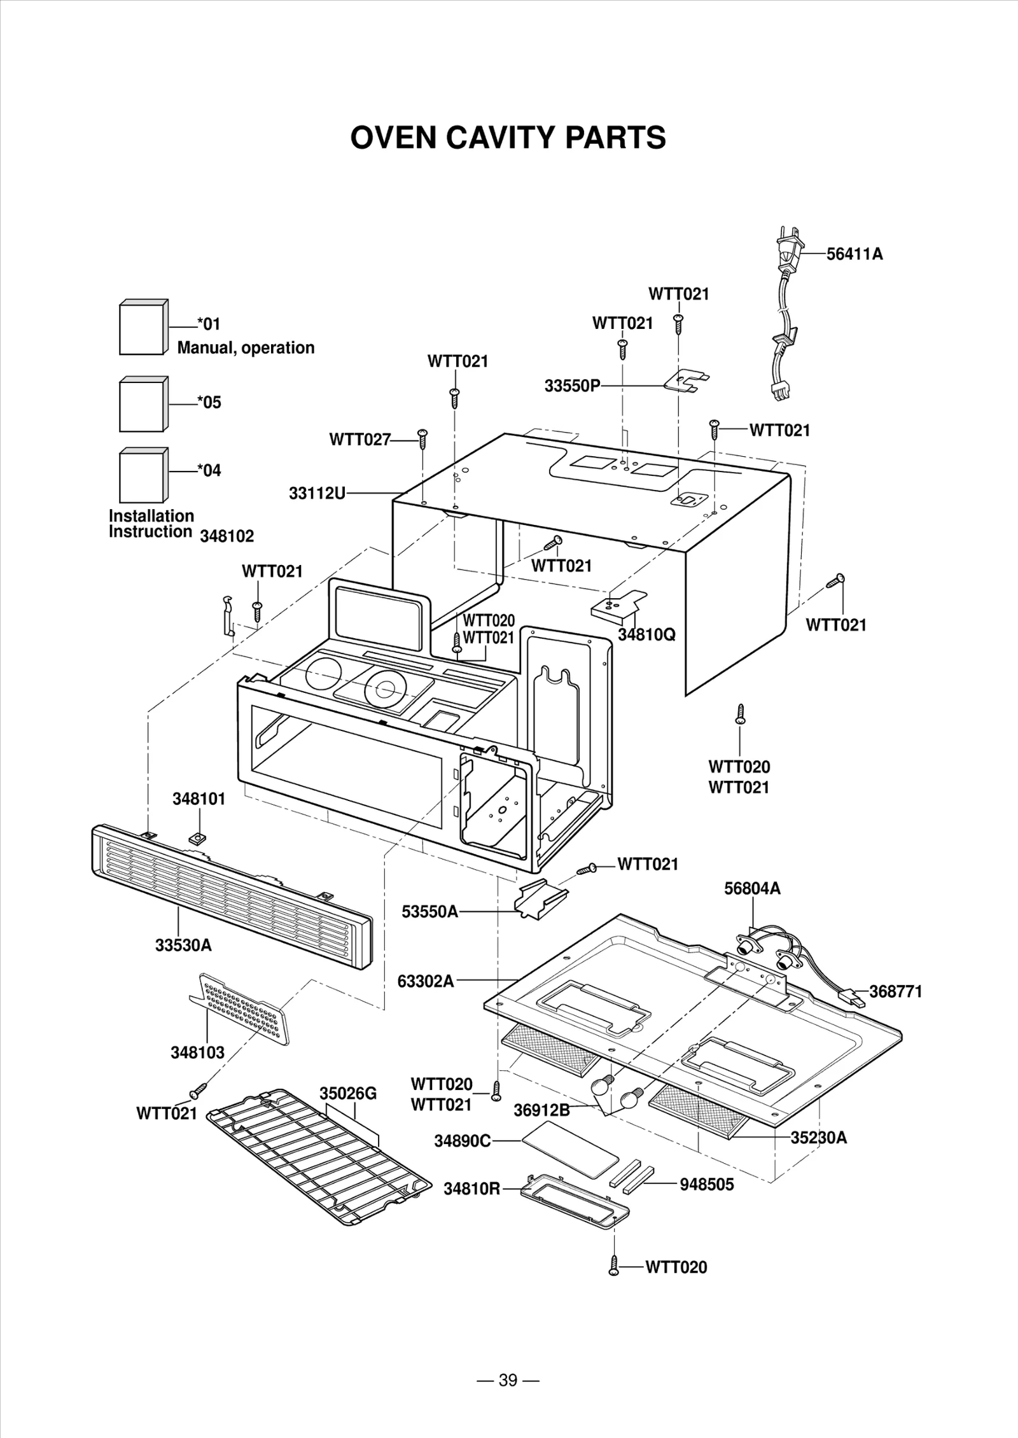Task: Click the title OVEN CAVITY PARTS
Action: [508, 137]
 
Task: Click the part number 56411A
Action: [854, 254]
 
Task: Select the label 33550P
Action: [572, 386]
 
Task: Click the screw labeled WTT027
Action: [422, 438]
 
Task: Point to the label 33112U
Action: [317, 493]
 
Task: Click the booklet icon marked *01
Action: [143, 327]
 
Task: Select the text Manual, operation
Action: [246, 347]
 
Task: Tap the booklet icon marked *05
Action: [143, 404]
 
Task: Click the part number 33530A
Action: [183, 945]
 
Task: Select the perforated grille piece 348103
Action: [242, 1010]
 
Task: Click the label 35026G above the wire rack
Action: [348, 1093]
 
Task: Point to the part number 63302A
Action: [426, 981]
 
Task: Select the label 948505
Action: [706, 1184]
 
